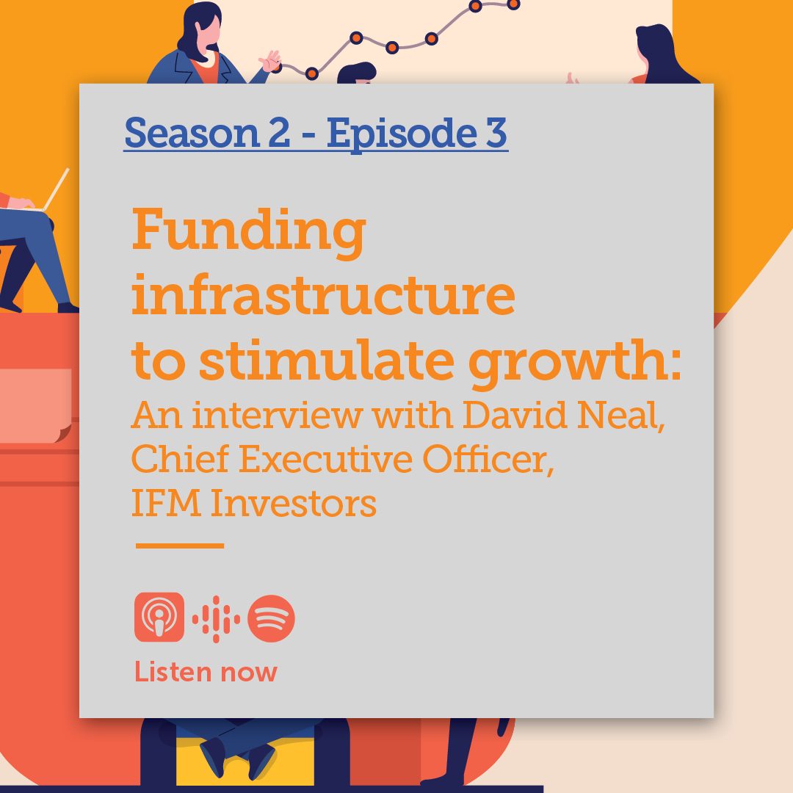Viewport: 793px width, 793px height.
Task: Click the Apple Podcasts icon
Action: tap(159, 617)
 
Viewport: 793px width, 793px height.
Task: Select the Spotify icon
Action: tap(271, 618)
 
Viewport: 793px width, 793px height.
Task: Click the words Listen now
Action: tap(206, 673)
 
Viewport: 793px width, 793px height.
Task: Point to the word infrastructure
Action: tap(323, 295)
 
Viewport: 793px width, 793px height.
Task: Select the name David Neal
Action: tap(563, 416)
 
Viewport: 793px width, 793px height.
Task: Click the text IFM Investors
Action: tap(254, 503)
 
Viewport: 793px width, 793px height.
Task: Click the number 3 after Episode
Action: tap(496, 132)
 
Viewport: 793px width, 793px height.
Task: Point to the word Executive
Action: tap(325, 459)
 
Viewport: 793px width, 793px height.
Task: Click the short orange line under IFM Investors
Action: tap(180, 546)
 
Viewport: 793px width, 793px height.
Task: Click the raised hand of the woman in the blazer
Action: tap(270, 61)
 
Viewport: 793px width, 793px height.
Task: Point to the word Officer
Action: tap(488, 460)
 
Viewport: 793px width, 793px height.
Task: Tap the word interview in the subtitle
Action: tap(277, 416)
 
